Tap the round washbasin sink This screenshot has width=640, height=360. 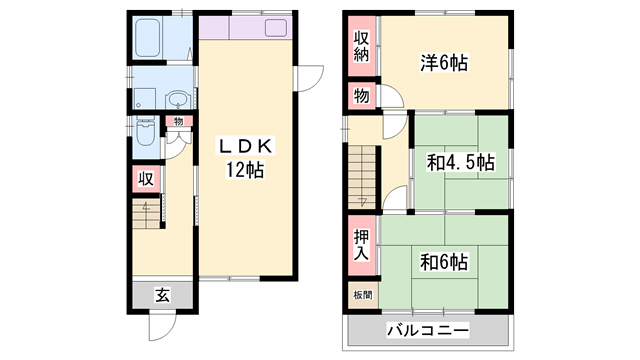click(x=176, y=99)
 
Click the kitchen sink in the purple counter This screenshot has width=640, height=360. click(x=274, y=28)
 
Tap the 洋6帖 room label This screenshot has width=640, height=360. click(x=444, y=63)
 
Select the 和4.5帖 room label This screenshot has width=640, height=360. click(x=461, y=160)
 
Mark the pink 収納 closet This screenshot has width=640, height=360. click(x=360, y=47)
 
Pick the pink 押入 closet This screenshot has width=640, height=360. click(x=360, y=245)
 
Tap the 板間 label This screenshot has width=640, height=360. click(x=360, y=295)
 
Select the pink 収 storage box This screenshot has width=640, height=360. click(x=145, y=180)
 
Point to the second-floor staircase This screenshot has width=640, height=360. click(x=363, y=174)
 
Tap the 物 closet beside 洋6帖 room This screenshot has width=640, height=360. click(x=359, y=97)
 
